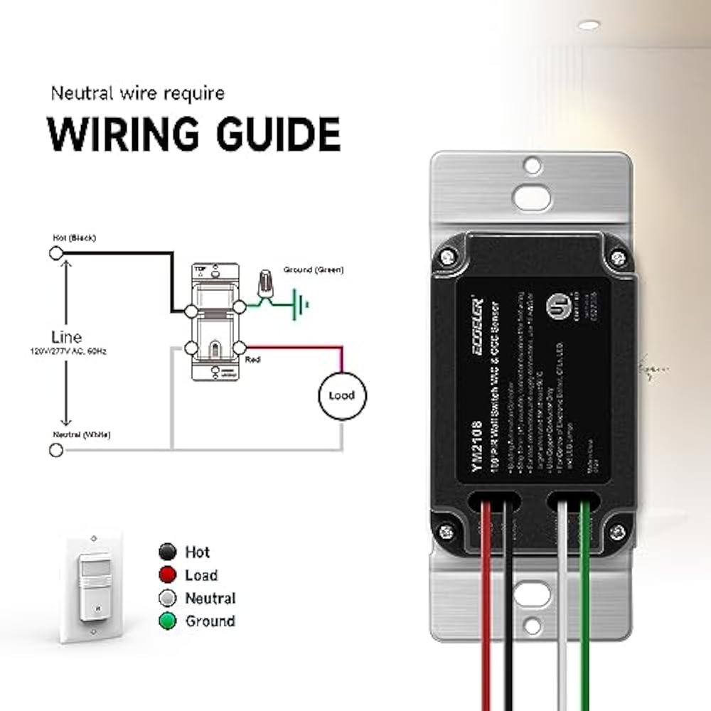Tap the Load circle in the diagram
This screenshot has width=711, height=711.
pyautogui.click(x=341, y=395)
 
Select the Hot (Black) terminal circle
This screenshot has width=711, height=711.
pyautogui.click(x=55, y=252)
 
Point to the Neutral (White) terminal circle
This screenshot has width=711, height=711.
pyautogui.click(x=55, y=449)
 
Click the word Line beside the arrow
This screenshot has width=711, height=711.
pyautogui.click(x=67, y=337)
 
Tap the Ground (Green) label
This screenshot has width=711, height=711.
pyautogui.click(x=314, y=270)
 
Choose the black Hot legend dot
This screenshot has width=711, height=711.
pyautogui.click(x=167, y=552)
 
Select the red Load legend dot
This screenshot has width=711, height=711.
pyautogui.click(x=167, y=574)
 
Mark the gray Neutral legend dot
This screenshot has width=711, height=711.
pyautogui.click(x=167, y=598)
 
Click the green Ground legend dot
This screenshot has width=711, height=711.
pyautogui.click(x=167, y=621)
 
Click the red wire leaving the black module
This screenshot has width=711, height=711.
pyautogui.click(x=486, y=604)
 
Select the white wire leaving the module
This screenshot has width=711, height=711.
pyautogui.click(x=562, y=604)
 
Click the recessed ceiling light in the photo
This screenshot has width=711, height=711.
pyautogui.click(x=588, y=25)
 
